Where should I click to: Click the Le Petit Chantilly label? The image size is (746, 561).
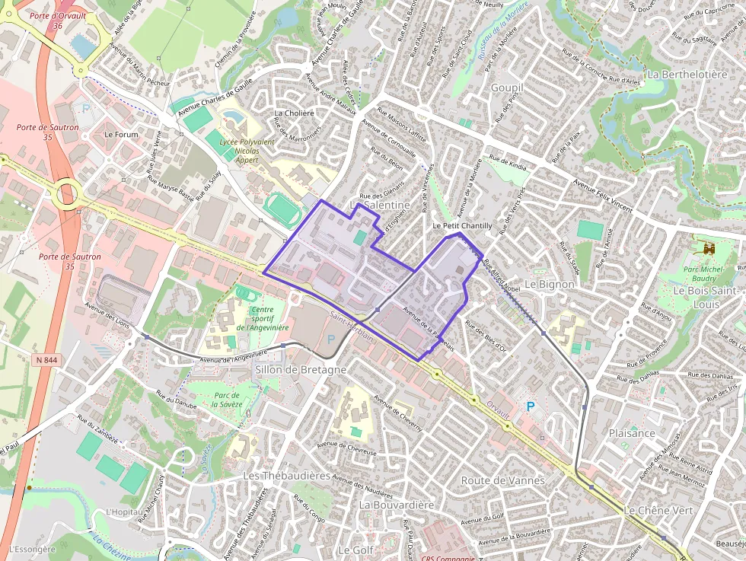click(462, 226)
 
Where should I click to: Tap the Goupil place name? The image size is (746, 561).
click(507, 88)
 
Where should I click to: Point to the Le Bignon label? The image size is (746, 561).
click(550, 284)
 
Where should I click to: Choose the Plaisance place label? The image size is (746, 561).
click(632, 432)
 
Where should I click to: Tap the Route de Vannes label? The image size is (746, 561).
click(502, 480)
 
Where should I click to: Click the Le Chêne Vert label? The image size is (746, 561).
click(658, 510)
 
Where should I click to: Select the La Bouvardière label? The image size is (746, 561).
click(396, 505)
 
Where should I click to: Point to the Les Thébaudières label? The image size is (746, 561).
click(286, 475)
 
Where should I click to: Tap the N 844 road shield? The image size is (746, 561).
click(45, 360)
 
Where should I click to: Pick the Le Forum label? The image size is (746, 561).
click(121, 135)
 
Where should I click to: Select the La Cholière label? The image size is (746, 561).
click(294, 113)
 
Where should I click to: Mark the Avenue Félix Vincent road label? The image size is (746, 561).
click(603, 196)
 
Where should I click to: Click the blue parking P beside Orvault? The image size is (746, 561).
click(530, 407)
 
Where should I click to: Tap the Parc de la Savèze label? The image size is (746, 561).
click(227, 400)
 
